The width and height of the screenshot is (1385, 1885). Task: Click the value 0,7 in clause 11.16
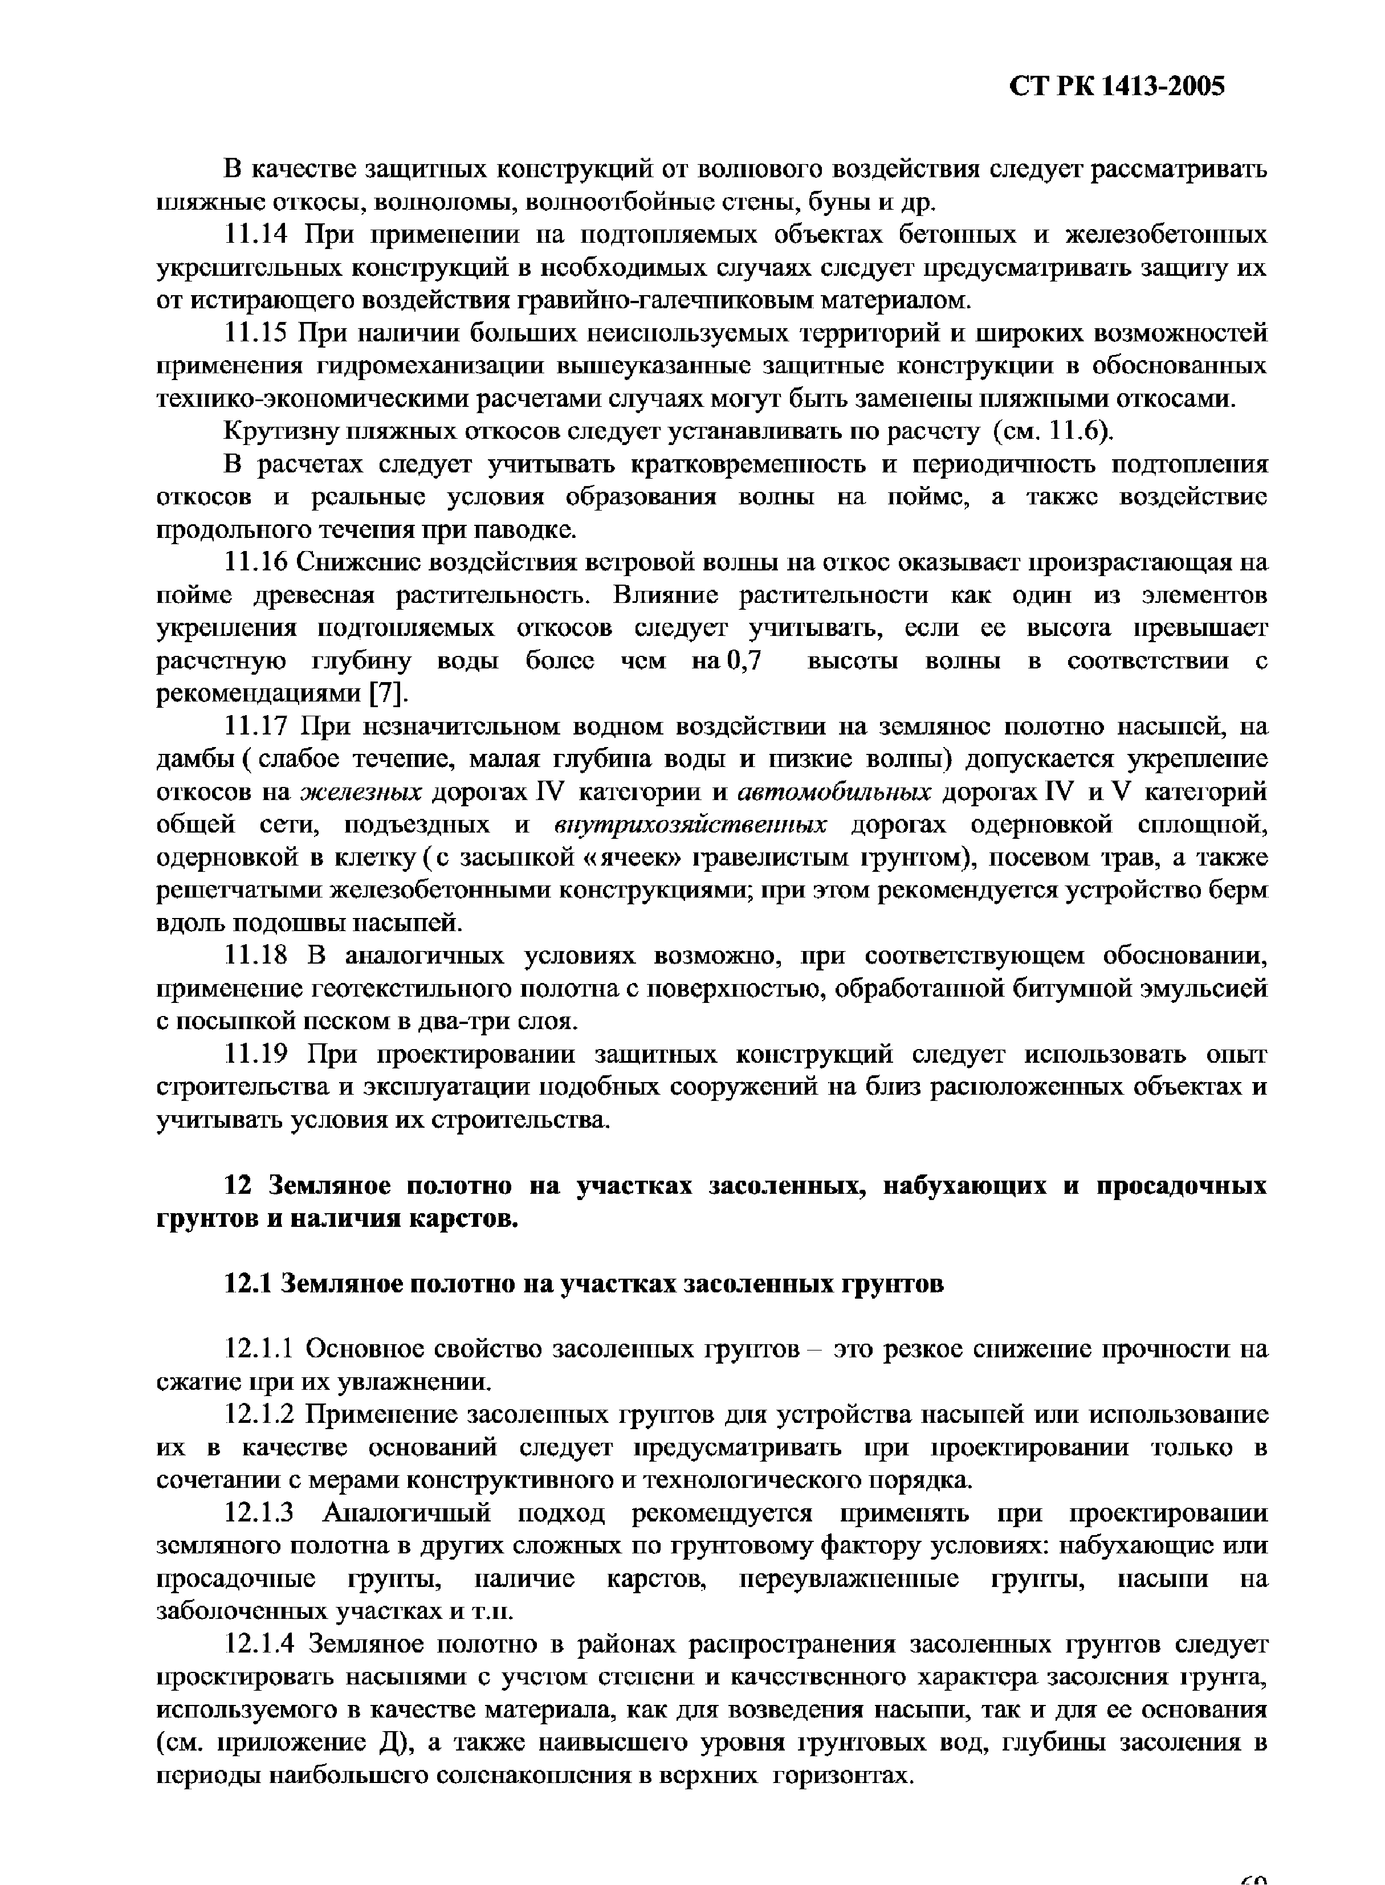[x=744, y=662]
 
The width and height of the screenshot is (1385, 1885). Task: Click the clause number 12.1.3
[x=260, y=1513]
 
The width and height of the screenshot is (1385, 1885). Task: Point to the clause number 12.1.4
[x=260, y=1645]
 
